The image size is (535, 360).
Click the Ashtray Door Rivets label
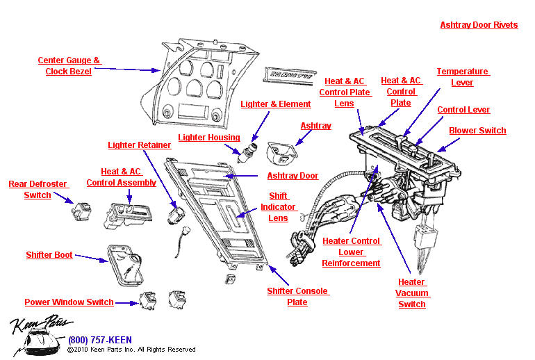point(479,25)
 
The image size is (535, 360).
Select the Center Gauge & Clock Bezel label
point(69,66)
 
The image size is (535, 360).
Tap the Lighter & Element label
point(275,104)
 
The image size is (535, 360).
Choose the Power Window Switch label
point(69,302)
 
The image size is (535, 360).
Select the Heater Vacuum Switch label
point(411,293)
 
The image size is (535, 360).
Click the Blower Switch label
point(477,131)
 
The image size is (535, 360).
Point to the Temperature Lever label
point(463,77)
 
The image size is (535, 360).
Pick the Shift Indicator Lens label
point(278,207)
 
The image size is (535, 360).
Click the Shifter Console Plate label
point(297,297)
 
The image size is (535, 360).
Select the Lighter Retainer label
point(139,145)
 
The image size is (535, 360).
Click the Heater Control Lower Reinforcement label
point(351,252)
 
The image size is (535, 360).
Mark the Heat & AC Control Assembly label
point(121,177)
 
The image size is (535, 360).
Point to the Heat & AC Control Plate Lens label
point(345,92)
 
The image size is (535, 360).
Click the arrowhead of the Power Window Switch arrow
point(134,303)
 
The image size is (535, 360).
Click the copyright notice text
point(131,350)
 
